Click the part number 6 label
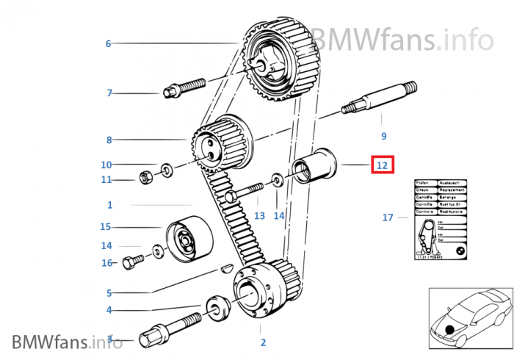108,44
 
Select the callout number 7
109,93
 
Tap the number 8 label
109,140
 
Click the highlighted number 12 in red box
382,165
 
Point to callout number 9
383,136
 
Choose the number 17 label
388,217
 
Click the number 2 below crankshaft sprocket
263,342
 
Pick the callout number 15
106,227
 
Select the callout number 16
106,263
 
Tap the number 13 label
259,216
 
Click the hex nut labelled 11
145,177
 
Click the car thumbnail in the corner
470,320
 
